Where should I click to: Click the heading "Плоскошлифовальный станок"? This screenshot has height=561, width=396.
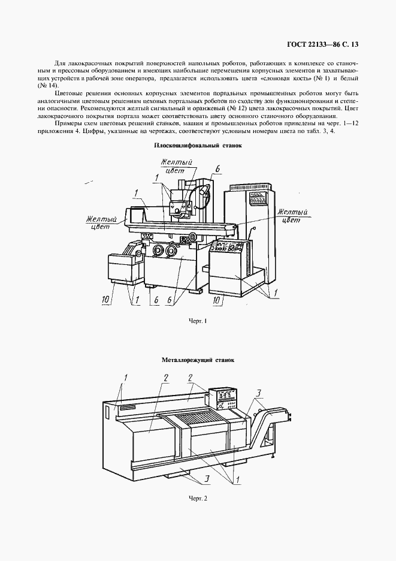click(x=198, y=145)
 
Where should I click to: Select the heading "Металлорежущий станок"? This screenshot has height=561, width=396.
click(x=198, y=361)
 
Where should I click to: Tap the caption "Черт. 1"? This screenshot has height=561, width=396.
click(x=198, y=321)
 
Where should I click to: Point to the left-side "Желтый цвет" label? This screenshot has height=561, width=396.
click(x=99, y=224)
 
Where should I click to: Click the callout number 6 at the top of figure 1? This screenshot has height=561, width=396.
click(x=217, y=170)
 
